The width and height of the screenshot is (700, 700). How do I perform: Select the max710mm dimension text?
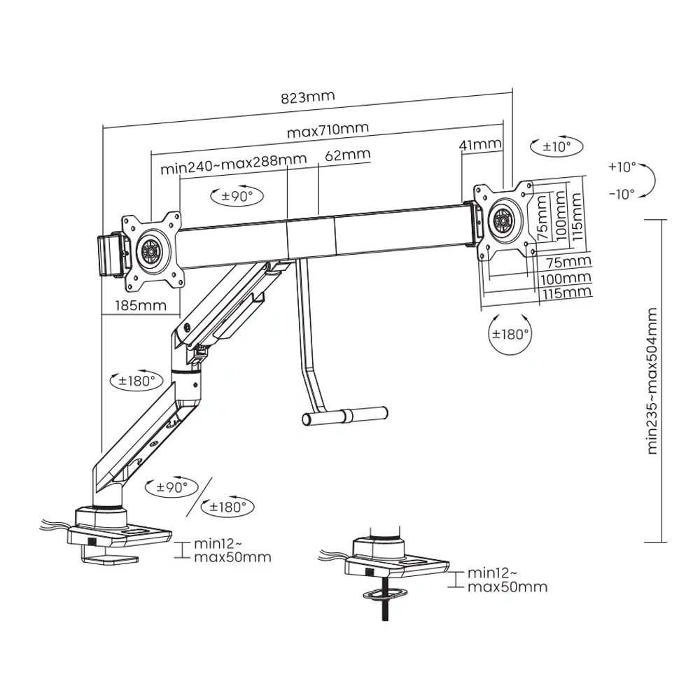(x=328, y=130)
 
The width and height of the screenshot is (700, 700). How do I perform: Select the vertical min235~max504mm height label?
(x=652, y=381)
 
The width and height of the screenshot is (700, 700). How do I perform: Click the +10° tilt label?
(x=622, y=167)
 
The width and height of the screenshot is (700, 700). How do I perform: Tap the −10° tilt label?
(x=622, y=193)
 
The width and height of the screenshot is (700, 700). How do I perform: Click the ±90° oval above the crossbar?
(x=237, y=196)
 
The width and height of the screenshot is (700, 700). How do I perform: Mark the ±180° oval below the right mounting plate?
(x=510, y=334)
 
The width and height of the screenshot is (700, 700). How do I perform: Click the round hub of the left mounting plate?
(x=150, y=250)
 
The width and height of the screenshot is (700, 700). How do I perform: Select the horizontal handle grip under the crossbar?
(x=344, y=416)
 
